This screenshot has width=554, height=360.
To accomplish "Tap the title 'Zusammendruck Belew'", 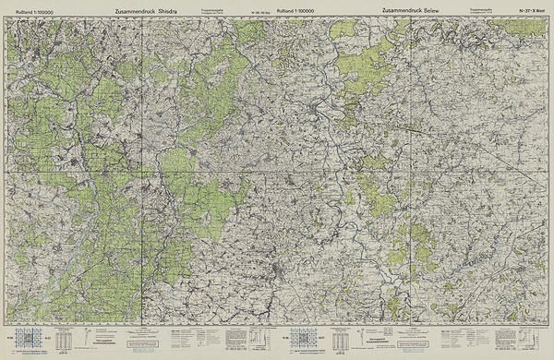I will coord(411,10).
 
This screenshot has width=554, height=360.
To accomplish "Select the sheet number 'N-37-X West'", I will coord(534,10).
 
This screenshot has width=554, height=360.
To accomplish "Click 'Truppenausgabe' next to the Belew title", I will coord(481,8).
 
